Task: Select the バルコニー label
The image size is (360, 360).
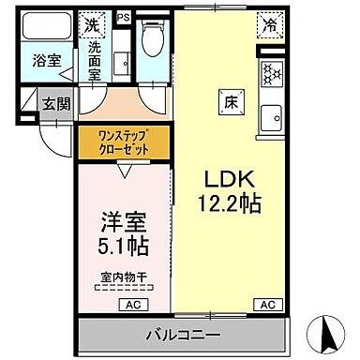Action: pos(183,335)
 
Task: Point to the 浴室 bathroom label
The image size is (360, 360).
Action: pos(47,61)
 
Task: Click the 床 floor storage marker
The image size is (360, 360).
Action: pos(231,101)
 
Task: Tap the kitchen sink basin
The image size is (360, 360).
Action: pos(272,119)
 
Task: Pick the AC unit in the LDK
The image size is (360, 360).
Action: pos(268,305)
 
